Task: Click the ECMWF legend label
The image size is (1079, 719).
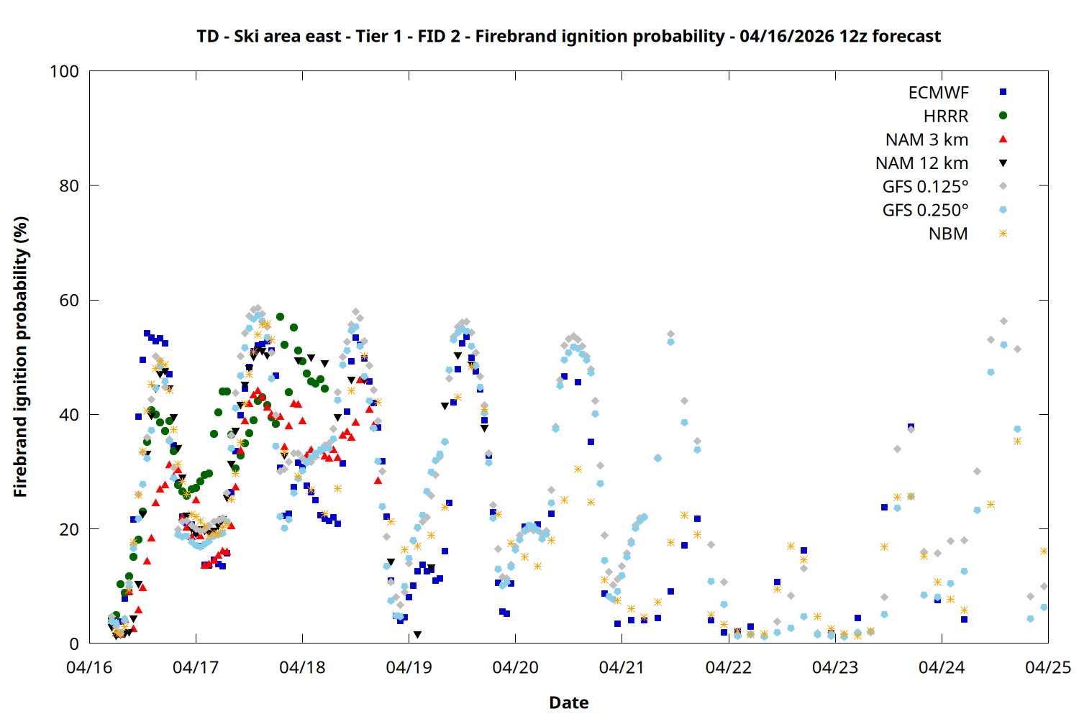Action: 938,93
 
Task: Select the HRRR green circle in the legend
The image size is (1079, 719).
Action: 1003,116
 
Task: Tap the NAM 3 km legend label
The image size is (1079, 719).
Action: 927,139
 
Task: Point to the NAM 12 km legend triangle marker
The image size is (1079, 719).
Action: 1003,163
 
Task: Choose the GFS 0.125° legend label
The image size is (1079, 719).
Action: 925,187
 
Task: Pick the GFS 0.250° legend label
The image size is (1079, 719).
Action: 925,211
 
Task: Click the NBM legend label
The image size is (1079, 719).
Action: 948,234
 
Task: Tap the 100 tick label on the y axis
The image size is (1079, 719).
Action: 64,72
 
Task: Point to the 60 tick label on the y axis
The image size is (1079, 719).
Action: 69,301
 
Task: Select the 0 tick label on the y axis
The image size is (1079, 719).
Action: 74,644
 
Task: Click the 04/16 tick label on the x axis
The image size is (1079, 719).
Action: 89,668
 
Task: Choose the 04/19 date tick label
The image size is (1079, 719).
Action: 409,668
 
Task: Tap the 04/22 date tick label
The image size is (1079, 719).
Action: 728,668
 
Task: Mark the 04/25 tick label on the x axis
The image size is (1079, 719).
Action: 1047,668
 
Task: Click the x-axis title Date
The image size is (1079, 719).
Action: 568,702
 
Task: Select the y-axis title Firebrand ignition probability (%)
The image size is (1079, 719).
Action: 21,357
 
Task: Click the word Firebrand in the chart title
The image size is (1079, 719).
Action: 510,37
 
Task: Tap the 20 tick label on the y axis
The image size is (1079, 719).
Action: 69,530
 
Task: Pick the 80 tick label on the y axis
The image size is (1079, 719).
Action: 69,186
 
